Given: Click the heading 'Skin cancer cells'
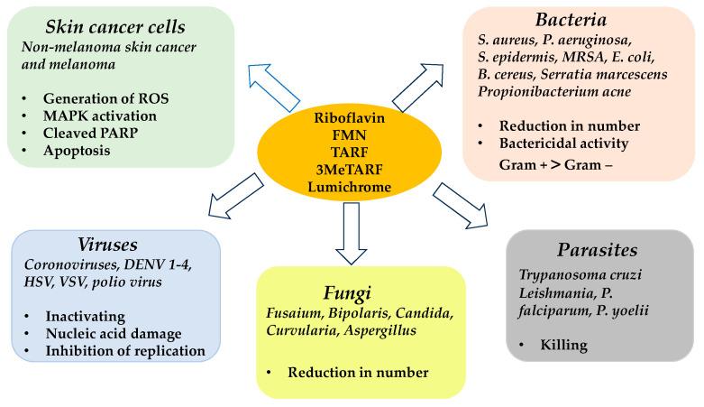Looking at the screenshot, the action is click(115, 27).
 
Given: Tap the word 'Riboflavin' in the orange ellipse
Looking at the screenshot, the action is click(350, 118).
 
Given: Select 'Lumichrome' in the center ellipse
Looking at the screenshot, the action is click(350, 187).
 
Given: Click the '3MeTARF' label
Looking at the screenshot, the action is click(350, 170).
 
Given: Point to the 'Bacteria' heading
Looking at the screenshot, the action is click(571, 20).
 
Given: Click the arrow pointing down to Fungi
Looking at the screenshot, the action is click(352, 233).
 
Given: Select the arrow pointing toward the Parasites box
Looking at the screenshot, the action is click(461, 206).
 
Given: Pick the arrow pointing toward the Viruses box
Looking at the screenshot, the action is click(237, 196).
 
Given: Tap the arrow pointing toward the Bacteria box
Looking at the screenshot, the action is click(418, 88).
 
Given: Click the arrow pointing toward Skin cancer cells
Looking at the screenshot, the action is click(274, 88).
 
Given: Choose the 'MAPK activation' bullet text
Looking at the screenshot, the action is click(100, 116).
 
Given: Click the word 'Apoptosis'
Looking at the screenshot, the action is click(77, 150).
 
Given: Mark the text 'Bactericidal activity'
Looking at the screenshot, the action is click(563, 143).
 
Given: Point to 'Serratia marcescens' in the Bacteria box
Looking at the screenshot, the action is click(604, 74).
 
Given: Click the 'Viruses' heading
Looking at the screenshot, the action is click(108, 245).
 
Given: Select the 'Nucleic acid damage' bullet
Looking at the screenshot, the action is click(114, 334).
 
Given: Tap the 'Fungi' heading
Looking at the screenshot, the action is click(347, 293).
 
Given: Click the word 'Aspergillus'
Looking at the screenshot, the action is click(380, 330).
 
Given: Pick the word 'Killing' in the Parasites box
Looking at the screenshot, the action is click(564, 345).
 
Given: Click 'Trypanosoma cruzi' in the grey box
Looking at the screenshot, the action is click(581, 274).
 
